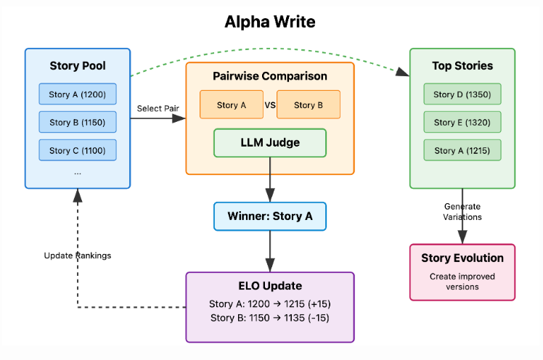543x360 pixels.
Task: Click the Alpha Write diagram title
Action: (270, 22)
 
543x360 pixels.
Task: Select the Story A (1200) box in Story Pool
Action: (78, 94)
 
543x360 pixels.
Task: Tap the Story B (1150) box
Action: (78, 122)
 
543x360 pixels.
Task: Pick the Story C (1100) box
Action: (78, 150)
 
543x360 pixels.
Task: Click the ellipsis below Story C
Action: (78, 173)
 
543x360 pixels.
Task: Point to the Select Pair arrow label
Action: (158, 108)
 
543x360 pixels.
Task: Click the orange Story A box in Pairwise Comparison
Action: (232, 105)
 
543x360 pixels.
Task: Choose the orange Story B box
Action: (309, 105)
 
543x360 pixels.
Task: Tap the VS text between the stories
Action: (270, 105)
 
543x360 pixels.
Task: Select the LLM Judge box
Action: (270, 142)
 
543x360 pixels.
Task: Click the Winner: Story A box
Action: (270, 216)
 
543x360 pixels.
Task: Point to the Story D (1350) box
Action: (462, 94)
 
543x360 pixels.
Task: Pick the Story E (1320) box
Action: (462, 122)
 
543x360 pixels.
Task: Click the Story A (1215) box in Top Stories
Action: (462, 150)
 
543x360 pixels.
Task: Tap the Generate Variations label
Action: (462, 211)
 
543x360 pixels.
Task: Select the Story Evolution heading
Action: (462, 258)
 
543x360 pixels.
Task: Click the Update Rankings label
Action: (78, 255)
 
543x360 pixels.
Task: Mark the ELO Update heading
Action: (270, 286)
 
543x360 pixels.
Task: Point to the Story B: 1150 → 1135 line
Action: (270, 318)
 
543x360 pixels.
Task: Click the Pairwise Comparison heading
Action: (270, 75)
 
